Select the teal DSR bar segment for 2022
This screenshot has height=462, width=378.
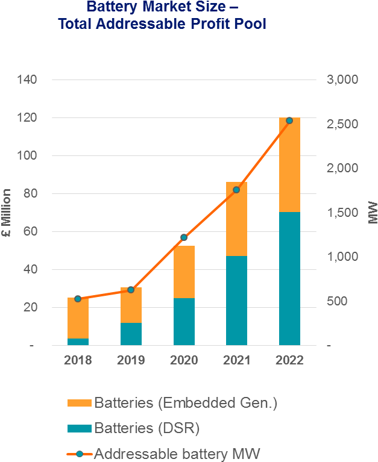[x=289, y=278]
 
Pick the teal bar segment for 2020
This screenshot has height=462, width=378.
[x=184, y=322]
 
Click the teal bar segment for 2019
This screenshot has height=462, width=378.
[x=131, y=334]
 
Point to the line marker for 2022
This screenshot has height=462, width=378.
[x=289, y=120]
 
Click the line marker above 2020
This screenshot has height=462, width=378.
[x=184, y=237]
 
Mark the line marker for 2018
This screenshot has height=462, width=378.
[x=78, y=298]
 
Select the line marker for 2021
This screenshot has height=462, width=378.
[x=236, y=190]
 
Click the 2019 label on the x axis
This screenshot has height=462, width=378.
[x=131, y=360]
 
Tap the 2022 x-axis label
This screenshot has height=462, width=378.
[x=289, y=360]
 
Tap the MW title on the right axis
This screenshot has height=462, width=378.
[x=372, y=213]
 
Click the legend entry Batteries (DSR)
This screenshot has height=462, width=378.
[x=146, y=428]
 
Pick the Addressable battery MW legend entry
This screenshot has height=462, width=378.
[x=177, y=454]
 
